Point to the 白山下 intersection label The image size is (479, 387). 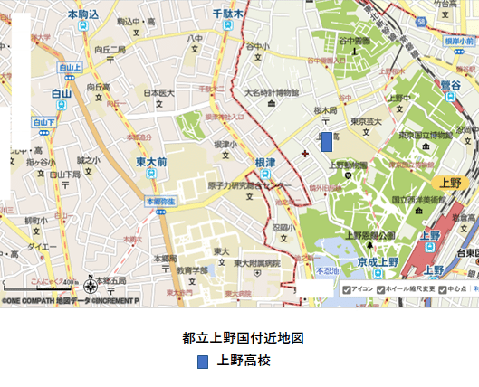point(43,121)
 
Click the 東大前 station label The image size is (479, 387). point(151,161)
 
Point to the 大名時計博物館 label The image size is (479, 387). point(271,93)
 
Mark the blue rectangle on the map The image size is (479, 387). point(327,142)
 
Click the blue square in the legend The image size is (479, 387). point(204,362)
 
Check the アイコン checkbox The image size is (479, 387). point(347,289)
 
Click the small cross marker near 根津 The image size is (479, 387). point(304,153)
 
